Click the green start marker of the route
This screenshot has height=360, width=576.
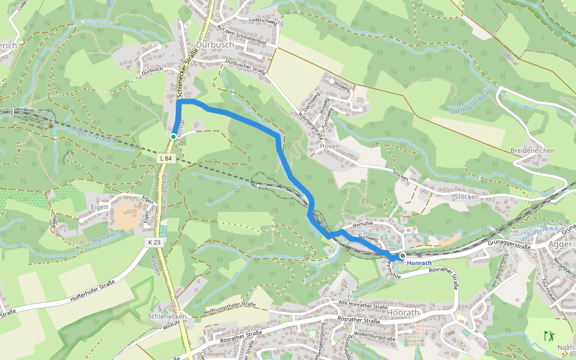[173, 137]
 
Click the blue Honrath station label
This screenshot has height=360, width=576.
[419, 263]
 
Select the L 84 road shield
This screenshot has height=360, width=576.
[167, 158]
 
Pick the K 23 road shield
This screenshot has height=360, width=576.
[154, 242]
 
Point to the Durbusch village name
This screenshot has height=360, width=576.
[214, 45]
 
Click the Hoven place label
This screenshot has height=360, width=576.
[330, 146]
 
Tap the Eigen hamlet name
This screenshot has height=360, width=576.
[100, 207]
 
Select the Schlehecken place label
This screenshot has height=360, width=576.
[167, 316]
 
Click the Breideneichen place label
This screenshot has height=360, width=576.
[532, 151]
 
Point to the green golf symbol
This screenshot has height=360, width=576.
[548, 336]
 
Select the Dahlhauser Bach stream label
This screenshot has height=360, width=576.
[471, 103]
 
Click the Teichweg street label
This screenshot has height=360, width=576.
[367, 238]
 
